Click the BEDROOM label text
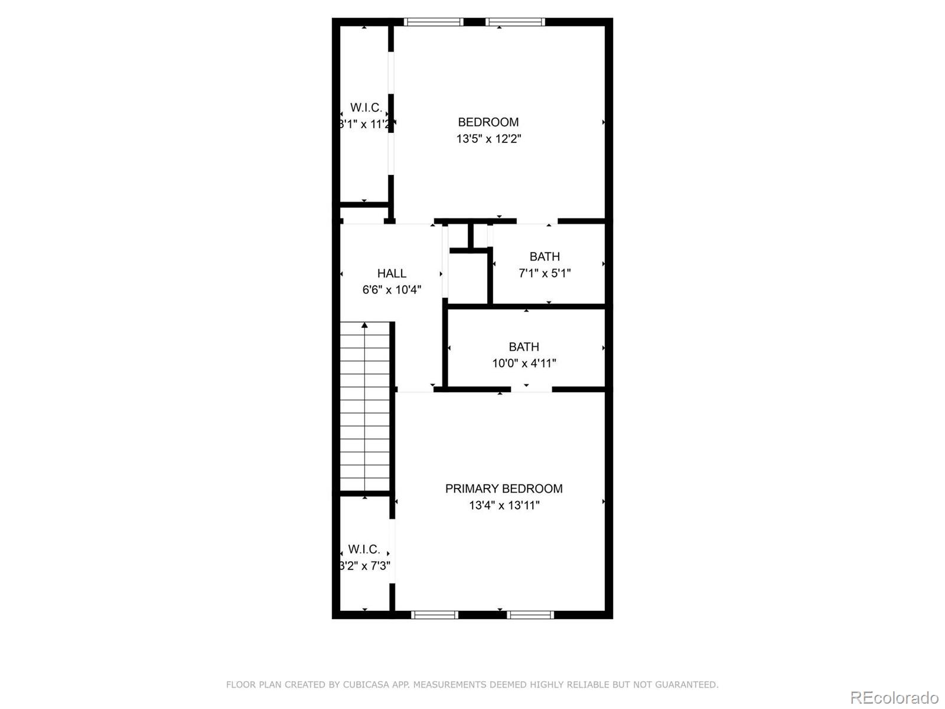[488, 122]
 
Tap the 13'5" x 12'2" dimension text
[488, 139]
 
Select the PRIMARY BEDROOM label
[503, 489]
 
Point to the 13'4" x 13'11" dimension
[504, 506]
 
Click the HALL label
[392, 274]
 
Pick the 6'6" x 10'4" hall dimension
[392, 290]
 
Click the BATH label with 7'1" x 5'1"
[544, 257]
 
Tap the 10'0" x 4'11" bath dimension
[524, 364]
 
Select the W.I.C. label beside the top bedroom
[366, 108]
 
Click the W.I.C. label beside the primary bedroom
[364, 549]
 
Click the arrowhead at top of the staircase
[365, 325]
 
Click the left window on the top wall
[434, 22]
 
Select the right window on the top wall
[515, 22]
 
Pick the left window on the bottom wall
[435, 615]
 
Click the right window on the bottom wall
[530, 615]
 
